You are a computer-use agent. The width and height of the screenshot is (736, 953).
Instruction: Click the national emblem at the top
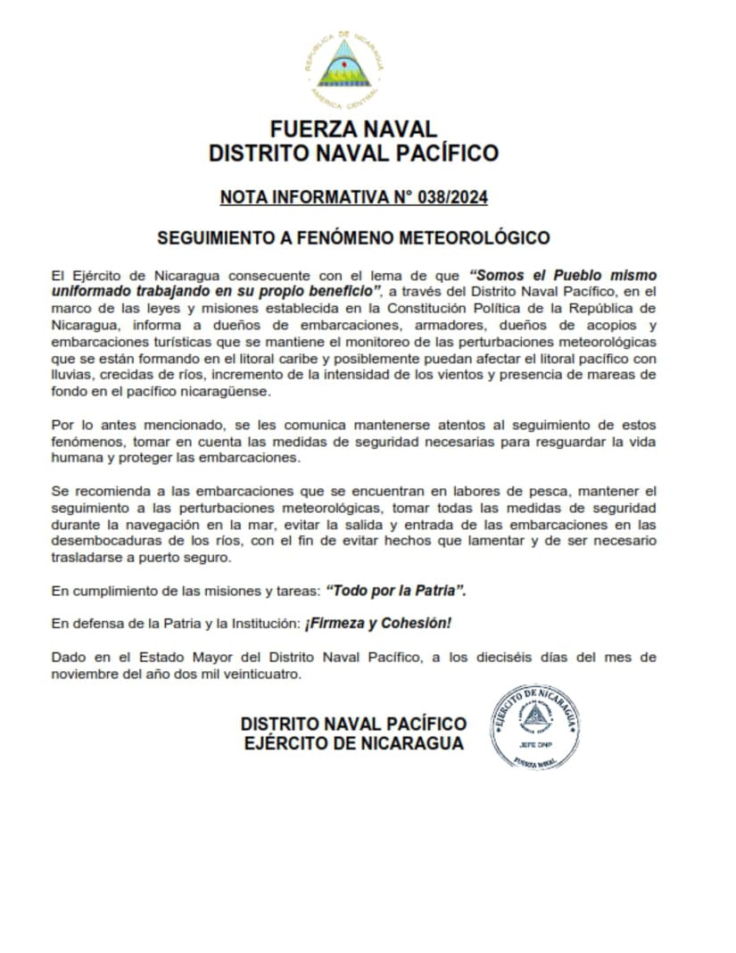click(x=344, y=65)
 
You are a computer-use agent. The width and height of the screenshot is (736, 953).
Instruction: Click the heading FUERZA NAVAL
click(x=353, y=128)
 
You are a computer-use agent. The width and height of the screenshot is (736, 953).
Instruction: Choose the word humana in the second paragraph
click(x=76, y=459)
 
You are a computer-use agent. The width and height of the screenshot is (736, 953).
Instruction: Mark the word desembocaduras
click(x=103, y=542)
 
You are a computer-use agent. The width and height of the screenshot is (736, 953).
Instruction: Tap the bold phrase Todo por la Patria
click(x=396, y=591)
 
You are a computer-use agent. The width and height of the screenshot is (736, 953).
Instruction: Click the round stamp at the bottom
click(x=536, y=726)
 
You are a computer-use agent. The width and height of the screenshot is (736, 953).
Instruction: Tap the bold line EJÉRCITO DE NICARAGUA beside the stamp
click(x=353, y=743)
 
